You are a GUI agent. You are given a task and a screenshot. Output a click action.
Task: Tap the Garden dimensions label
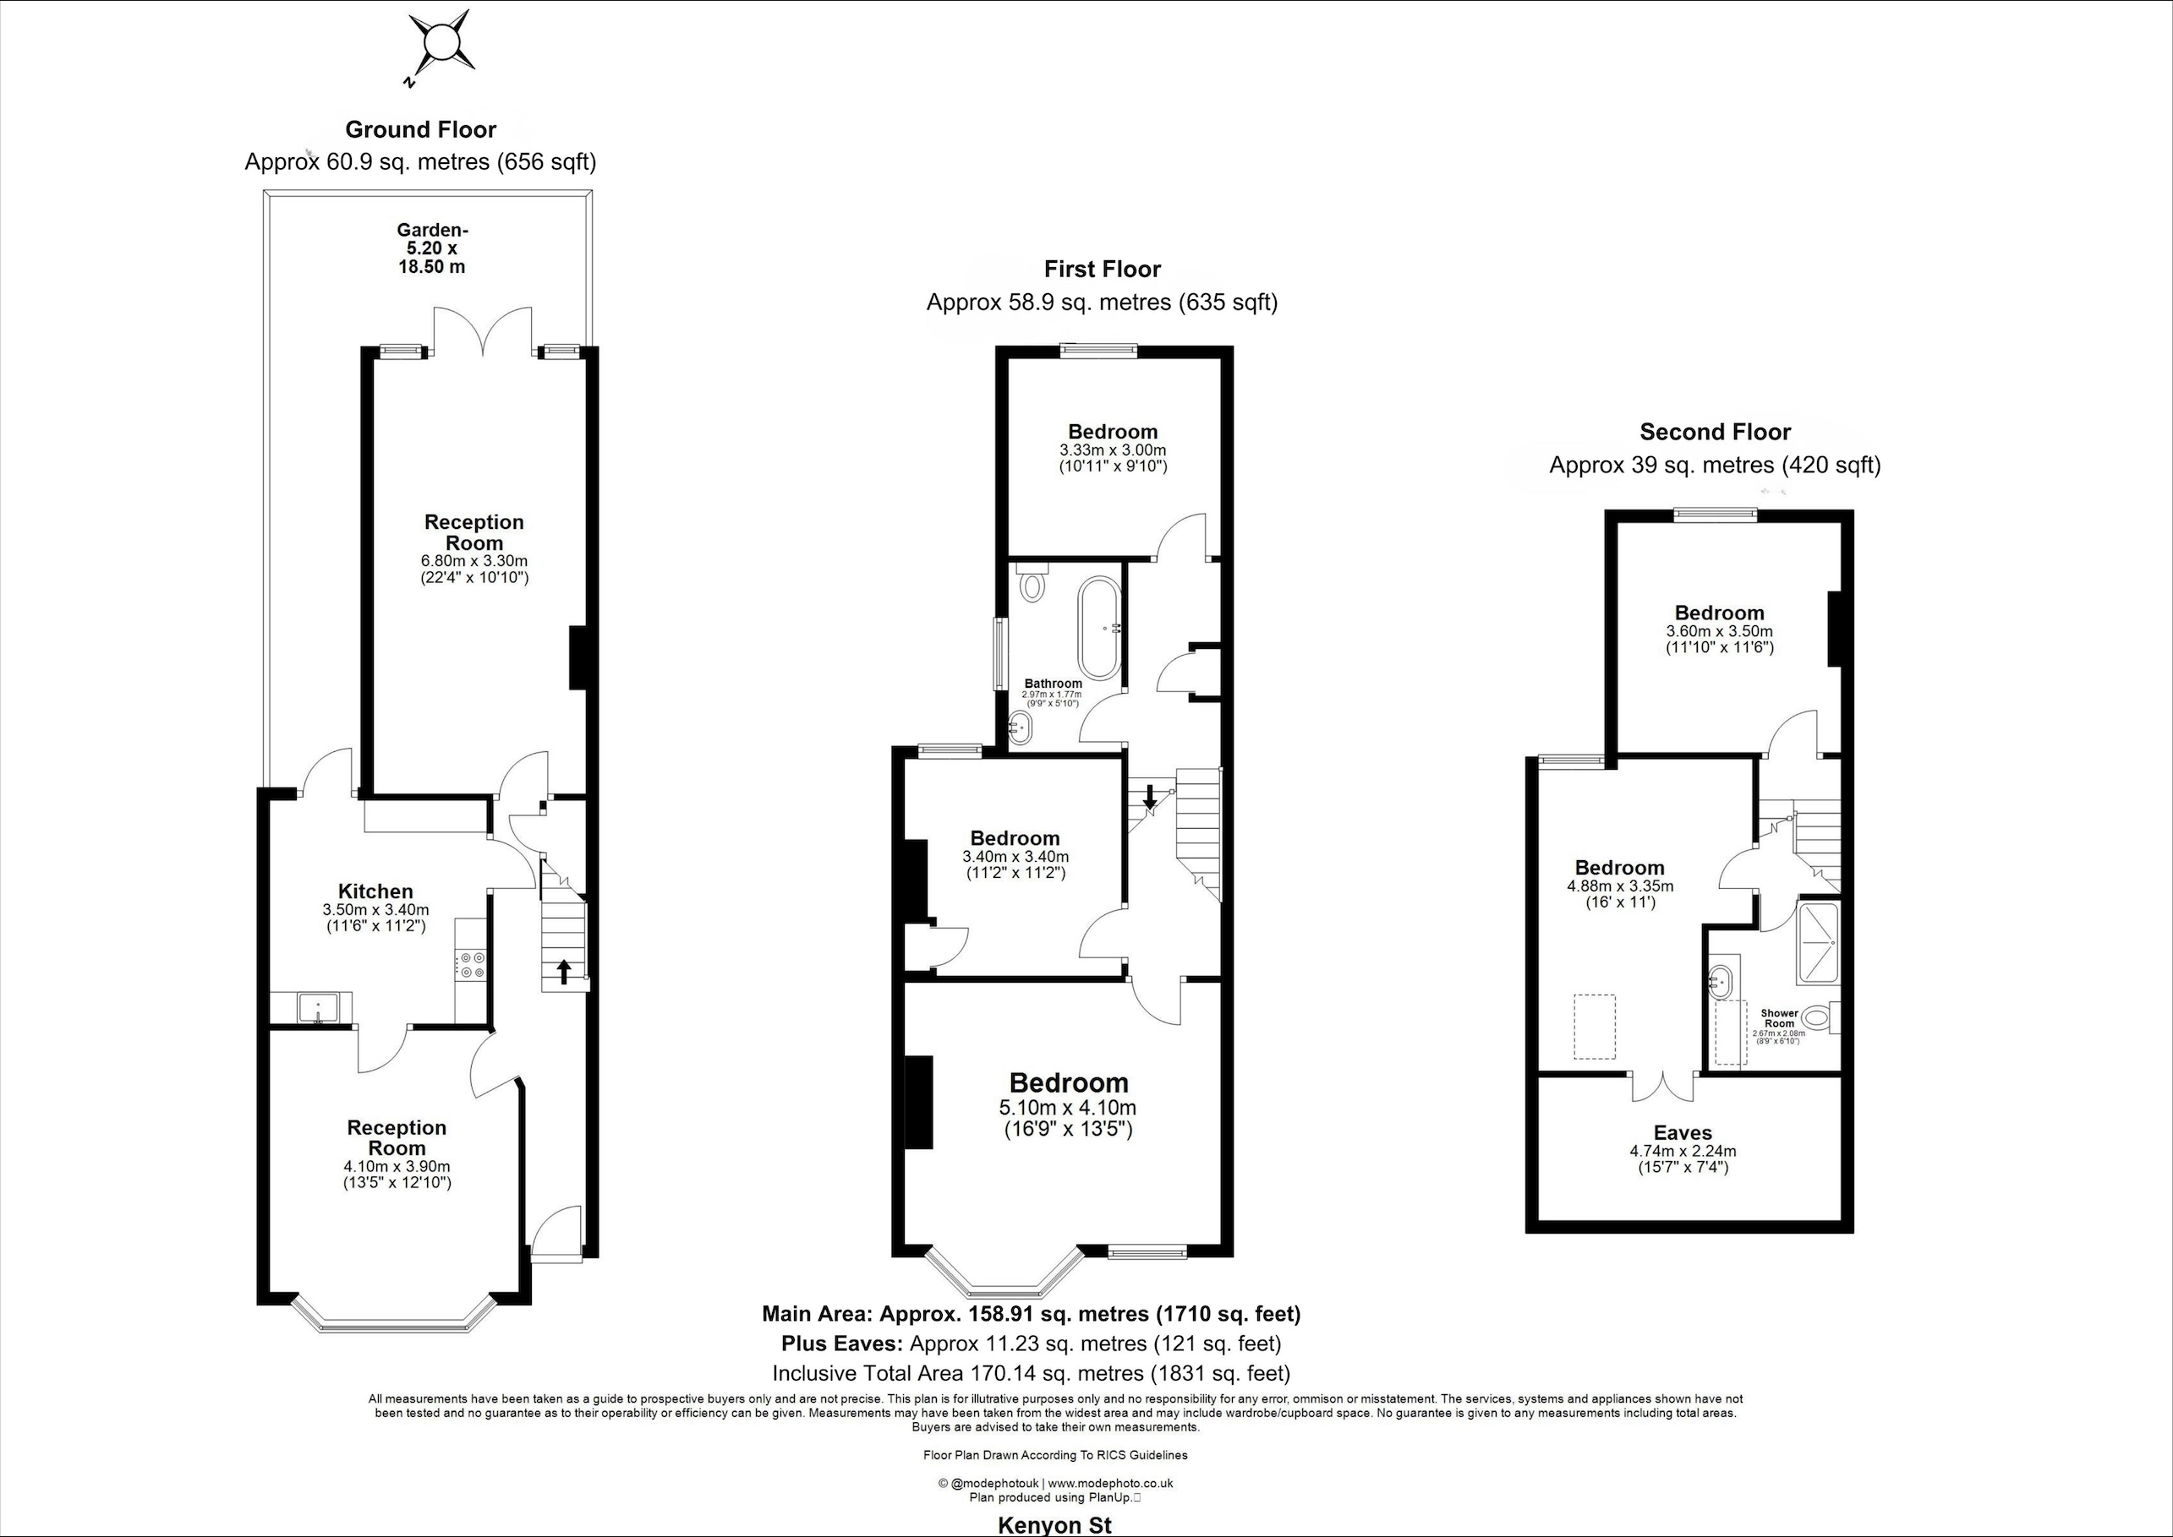[432, 248]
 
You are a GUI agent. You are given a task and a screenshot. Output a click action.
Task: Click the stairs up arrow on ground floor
[563, 971]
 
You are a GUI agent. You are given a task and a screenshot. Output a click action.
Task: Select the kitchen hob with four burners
[471, 965]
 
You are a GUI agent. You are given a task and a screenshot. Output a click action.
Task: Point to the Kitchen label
[376, 891]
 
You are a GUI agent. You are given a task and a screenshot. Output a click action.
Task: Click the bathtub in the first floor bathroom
[1098, 629]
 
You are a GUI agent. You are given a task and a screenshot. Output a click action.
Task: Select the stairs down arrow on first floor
[1149, 797]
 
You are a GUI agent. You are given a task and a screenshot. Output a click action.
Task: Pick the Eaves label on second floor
[1683, 1133]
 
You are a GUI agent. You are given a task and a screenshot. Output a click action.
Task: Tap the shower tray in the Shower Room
[1817, 944]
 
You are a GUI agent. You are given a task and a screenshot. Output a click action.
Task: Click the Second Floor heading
[1715, 433]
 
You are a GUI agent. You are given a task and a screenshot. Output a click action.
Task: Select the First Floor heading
[1102, 270]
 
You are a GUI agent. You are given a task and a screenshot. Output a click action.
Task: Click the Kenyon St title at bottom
[1054, 1524]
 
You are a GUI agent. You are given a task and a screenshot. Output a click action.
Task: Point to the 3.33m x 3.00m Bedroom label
[1113, 433]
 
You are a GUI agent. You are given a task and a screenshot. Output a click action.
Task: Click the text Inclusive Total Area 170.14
[1030, 1373]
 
